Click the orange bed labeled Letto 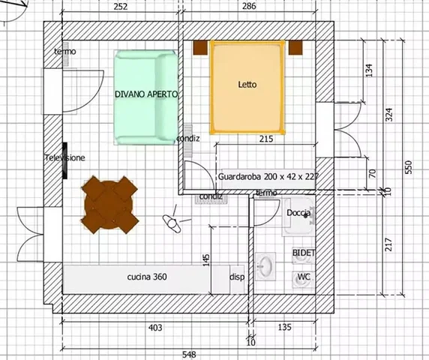(x=247, y=87)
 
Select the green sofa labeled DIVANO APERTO (x=145, y=97)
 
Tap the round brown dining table (x=109, y=205)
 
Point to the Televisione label (x=64, y=157)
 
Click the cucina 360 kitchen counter (x=146, y=279)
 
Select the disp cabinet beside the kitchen (x=237, y=279)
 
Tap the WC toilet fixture (x=303, y=279)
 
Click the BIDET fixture (x=304, y=255)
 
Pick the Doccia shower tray (x=298, y=217)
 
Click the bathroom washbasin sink (x=265, y=266)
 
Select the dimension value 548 (x=189, y=355)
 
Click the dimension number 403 (x=155, y=328)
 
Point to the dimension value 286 (x=249, y=6)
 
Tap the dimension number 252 (x=121, y=7)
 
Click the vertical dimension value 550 (x=408, y=166)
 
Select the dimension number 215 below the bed (x=266, y=139)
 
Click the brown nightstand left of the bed (x=200, y=47)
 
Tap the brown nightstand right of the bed (x=295, y=47)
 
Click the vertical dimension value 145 (x=207, y=260)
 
